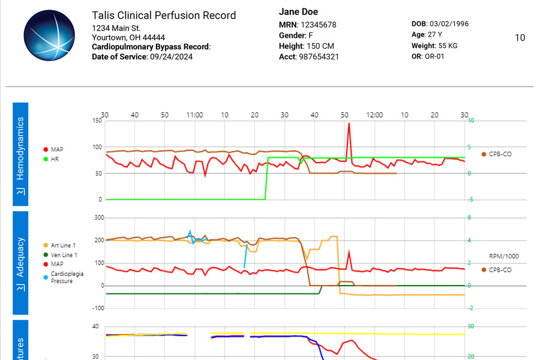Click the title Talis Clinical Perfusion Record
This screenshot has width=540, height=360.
coord(163,16)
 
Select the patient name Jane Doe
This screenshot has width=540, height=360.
coord(298,12)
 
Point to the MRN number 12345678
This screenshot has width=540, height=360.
coord(318,25)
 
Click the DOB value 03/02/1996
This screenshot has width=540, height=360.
coord(448,24)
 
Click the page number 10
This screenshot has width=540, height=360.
coord(520,38)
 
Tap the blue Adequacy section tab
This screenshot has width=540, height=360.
coord(20,262)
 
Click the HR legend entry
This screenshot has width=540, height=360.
coord(55,159)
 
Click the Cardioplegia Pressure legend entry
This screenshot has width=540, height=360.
coord(67,277)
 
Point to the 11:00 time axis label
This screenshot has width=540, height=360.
coord(194,115)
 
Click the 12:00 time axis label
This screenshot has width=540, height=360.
coord(375,115)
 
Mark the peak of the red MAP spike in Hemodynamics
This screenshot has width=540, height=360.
coord(349,124)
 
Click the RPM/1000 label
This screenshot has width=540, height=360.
coord(504,256)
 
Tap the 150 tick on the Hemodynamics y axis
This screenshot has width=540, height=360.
coord(97,121)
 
